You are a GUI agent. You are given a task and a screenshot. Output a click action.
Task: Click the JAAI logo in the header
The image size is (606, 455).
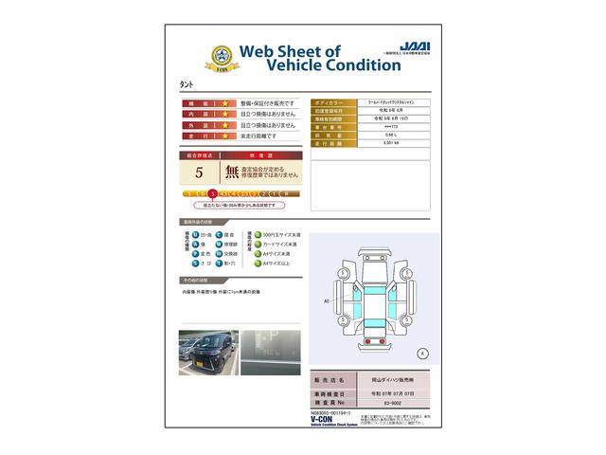click(415, 45)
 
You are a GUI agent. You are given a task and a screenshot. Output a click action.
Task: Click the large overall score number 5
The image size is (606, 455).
click(199, 173)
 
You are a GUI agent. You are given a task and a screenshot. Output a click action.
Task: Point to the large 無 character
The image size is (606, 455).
click(232, 173)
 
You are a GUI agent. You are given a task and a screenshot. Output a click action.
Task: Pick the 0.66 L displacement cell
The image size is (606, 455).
click(390, 135)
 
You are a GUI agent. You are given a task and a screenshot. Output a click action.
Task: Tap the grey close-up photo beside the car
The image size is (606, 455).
click(271, 353)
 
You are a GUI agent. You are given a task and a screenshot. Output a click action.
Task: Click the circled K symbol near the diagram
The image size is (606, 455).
click(421, 353)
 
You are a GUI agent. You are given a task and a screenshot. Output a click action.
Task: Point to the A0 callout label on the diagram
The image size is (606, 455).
click(326, 300)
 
